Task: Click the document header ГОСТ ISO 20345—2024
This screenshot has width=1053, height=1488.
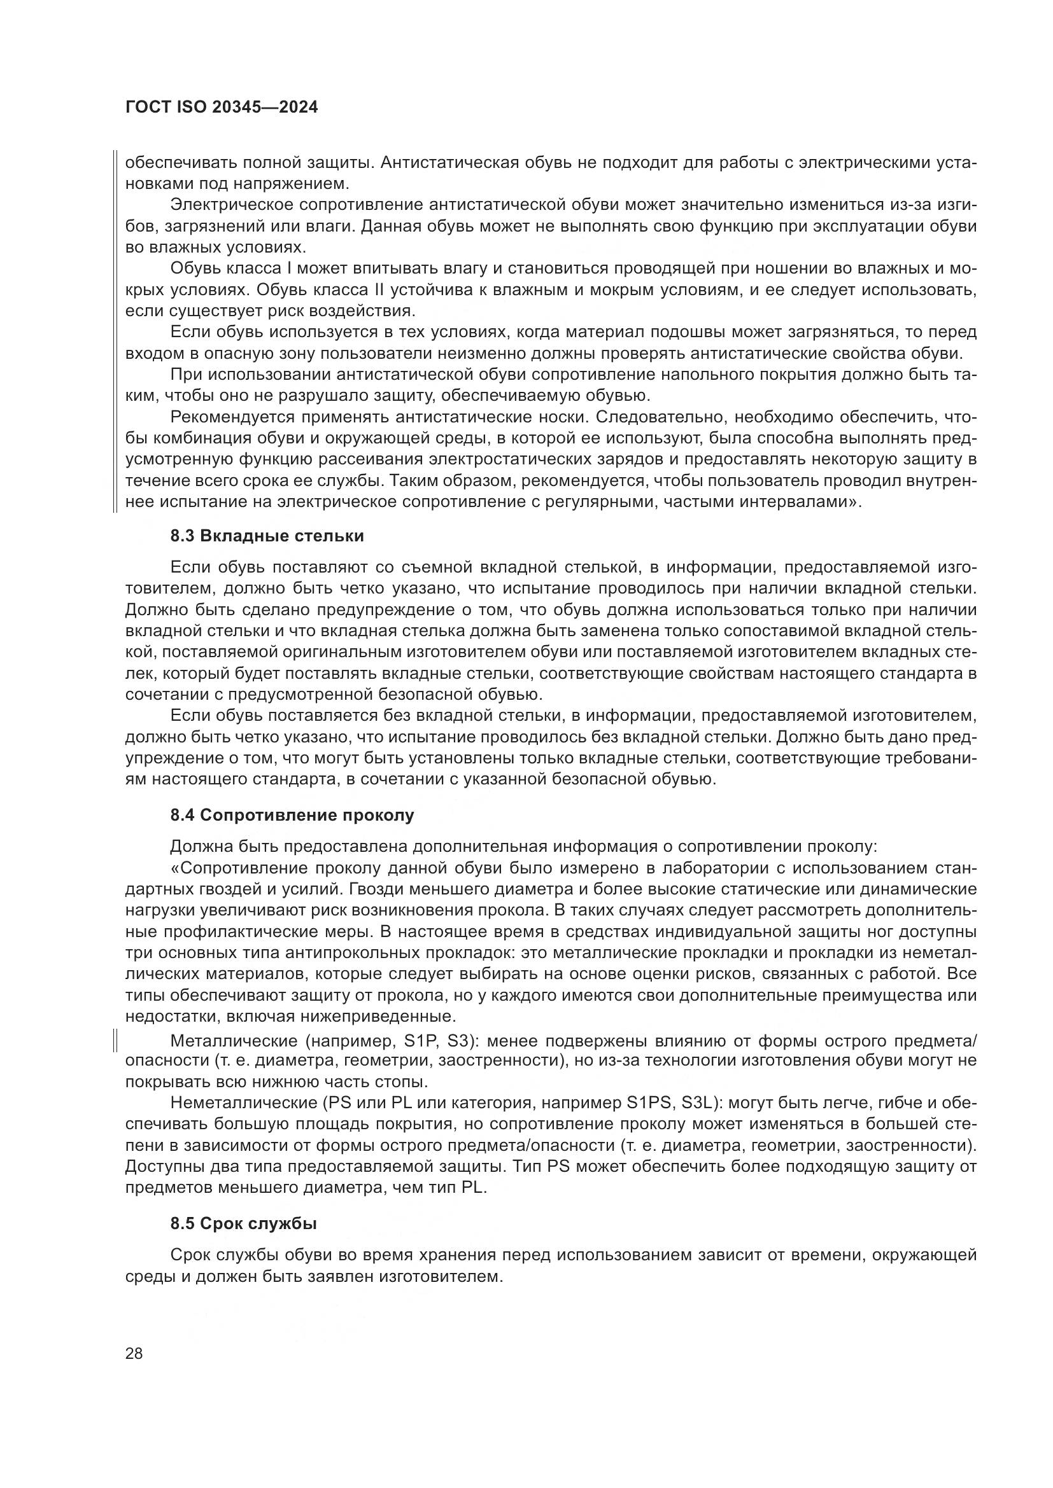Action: (221, 108)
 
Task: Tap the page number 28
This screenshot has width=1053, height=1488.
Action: (134, 1354)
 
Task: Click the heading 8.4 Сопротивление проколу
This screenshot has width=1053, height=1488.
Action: (292, 816)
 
